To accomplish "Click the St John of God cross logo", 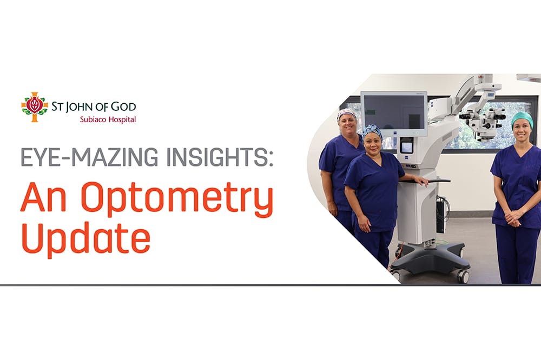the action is (35, 107).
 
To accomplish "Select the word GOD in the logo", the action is (123, 107).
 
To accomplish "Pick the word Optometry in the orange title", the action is (177, 199).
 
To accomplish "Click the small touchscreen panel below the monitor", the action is (406, 146).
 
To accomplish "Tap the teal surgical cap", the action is (522, 118).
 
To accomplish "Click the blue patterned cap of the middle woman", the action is (372, 131).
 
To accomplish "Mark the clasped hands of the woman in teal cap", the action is (513, 218).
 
